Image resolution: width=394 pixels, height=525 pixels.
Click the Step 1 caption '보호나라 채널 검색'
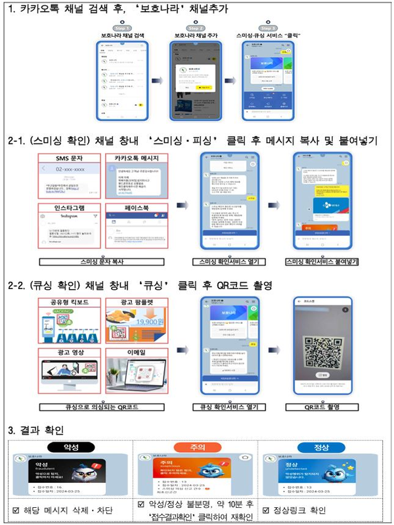(x=123, y=36)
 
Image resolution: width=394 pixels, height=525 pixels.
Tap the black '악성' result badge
(x=70, y=447)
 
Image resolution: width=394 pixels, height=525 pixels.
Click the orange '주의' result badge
(x=196, y=447)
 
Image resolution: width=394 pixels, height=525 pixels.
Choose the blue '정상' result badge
(x=321, y=447)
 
